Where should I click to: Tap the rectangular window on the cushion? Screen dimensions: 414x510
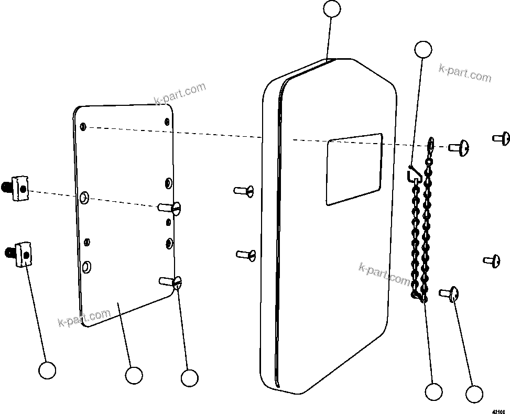tap(354, 169)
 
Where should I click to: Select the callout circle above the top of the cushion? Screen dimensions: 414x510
tap(332, 9)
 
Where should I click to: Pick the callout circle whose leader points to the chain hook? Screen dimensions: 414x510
tap(423, 50)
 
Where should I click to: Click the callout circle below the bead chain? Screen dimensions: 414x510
tap(433, 391)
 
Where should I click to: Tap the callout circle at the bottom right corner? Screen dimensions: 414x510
tap(474, 394)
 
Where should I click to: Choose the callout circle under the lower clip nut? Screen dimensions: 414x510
tap(47, 370)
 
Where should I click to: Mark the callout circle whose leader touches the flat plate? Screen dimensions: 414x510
tap(134, 375)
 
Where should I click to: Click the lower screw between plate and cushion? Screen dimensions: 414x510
tap(246, 255)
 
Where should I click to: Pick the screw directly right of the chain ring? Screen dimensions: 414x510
tap(459, 148)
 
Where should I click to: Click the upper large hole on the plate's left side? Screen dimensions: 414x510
tap(84, 198)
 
